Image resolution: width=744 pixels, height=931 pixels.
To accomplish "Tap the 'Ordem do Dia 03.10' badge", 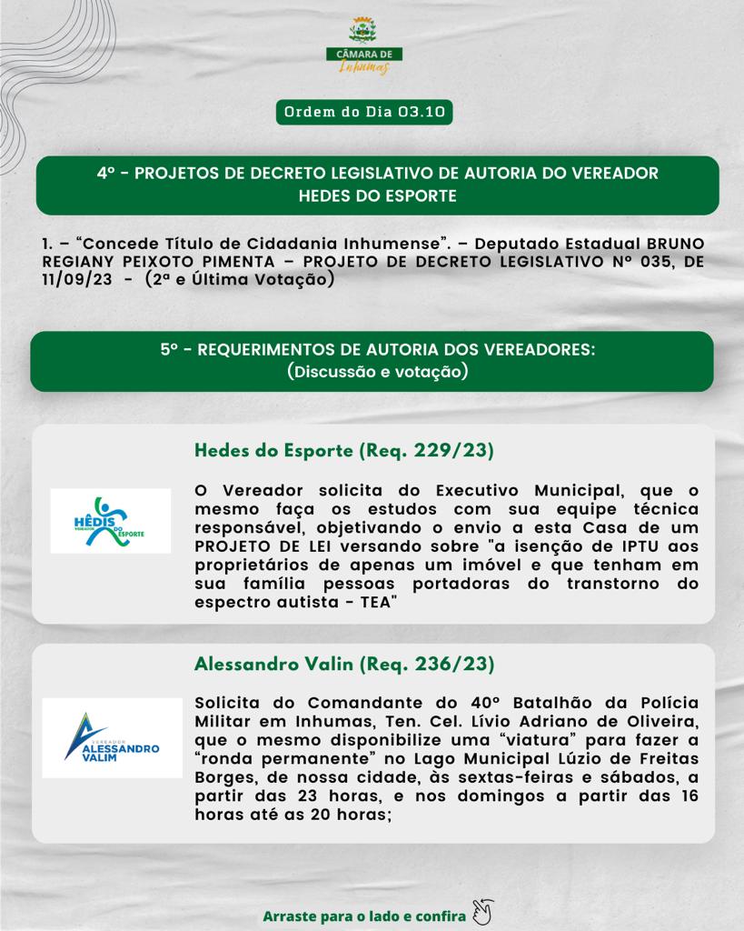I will (x=364, y=113).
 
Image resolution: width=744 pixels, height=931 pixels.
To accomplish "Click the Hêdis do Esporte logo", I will (x=110, y=521).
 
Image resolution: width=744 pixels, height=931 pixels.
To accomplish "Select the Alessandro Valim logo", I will (x=112, y=737).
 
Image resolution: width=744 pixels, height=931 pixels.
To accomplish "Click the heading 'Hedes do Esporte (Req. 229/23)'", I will (x=344, y=451).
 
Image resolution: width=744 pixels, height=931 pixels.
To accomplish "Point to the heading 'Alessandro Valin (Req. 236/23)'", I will (x=344, y=665).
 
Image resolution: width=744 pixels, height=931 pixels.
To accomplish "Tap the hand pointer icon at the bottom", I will (x=482, y=911).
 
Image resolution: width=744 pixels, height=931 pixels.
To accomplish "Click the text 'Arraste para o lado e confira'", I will (x=364, y=916).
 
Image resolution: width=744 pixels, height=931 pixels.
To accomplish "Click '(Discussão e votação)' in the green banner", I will (x=377, y=371).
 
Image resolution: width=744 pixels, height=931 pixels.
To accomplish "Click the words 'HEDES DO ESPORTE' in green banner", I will (x=378, y=195).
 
